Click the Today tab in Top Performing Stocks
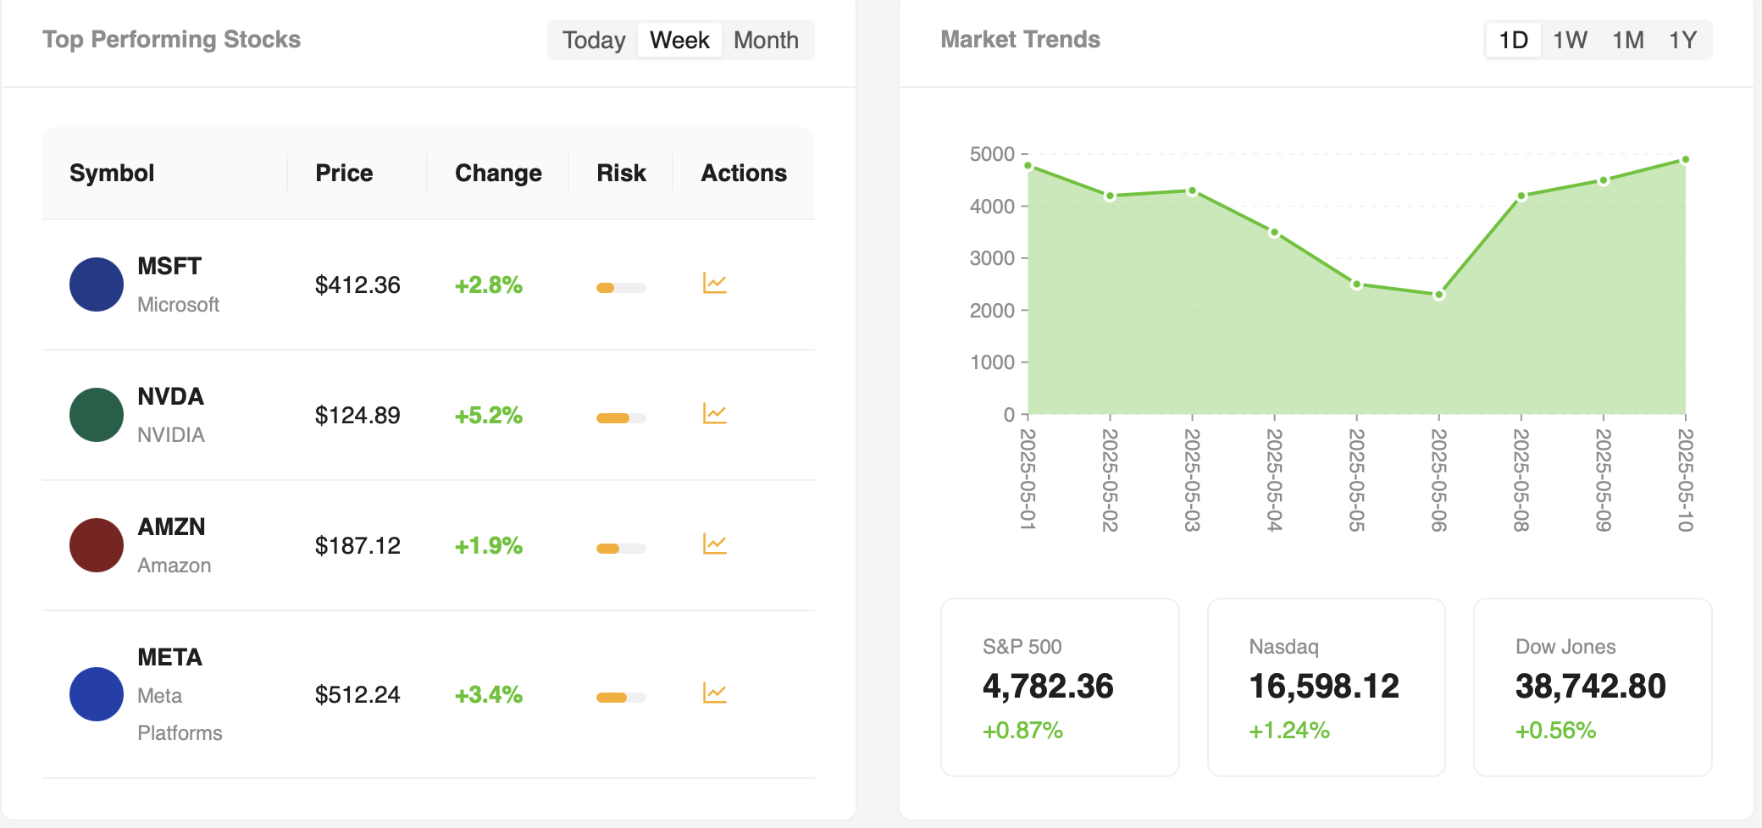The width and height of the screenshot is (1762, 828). [594, 40]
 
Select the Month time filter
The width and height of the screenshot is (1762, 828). [766, 40]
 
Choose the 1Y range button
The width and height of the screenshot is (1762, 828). [1682, 40]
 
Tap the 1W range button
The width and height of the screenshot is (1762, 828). [1570, 40]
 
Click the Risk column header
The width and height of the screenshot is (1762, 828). [621, 173]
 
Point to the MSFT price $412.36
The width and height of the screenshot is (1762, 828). [357, 284]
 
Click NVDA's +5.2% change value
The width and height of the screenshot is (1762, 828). [489, 415]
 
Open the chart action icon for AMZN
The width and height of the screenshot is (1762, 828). [715, 544]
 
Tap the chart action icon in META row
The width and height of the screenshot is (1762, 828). [715, 693]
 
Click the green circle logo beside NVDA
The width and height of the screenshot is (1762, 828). [97, 415]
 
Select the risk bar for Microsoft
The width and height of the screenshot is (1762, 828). [621, 288]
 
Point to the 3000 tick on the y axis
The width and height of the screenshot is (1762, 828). [992, 258]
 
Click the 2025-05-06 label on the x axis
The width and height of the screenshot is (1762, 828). [1438, 479]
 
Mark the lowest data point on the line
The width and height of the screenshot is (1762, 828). [1438, 295]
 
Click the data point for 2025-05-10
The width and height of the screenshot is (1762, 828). [1685, 159]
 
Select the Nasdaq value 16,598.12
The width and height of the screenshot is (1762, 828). [1324, 686]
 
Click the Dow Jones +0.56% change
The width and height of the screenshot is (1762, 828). [1555, 730]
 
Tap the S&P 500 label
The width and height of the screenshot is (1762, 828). [1022, 647]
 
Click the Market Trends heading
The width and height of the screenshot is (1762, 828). [1020, 40]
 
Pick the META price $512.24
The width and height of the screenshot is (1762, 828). [357, 694]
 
